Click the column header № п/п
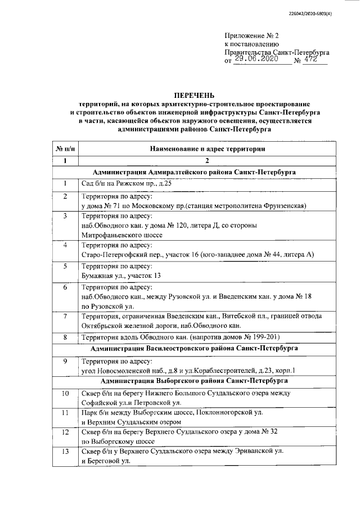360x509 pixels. point(65,148)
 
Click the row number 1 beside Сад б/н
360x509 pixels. point(65,184)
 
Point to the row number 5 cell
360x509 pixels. point(65,266)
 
